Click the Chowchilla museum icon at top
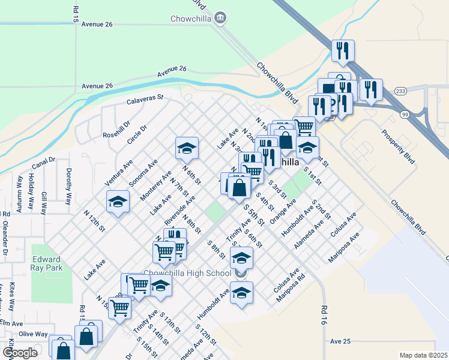(220, 17)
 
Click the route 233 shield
(401, 91)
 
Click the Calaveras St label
(145, 100)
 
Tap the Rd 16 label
(324, 314)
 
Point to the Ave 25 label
(340, 341)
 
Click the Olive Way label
(34, 334)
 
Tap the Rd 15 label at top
(76, 14)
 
